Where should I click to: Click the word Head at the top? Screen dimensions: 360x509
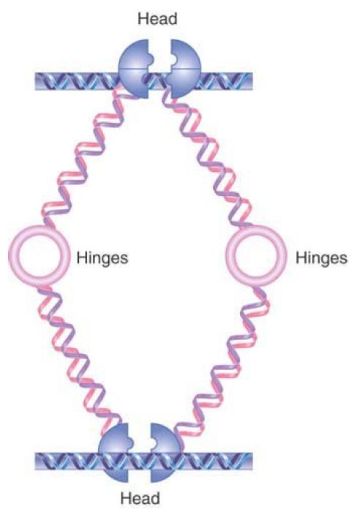157,18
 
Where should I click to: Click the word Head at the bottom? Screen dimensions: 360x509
140,498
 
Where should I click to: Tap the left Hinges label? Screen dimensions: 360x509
102,258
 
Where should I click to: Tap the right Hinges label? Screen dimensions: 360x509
321,258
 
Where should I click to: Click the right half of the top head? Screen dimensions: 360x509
187,69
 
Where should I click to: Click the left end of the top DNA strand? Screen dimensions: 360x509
35,81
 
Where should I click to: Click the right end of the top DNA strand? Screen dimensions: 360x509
252,81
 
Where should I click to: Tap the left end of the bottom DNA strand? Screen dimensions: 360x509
35,461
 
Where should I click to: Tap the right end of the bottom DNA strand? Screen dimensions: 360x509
252,461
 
